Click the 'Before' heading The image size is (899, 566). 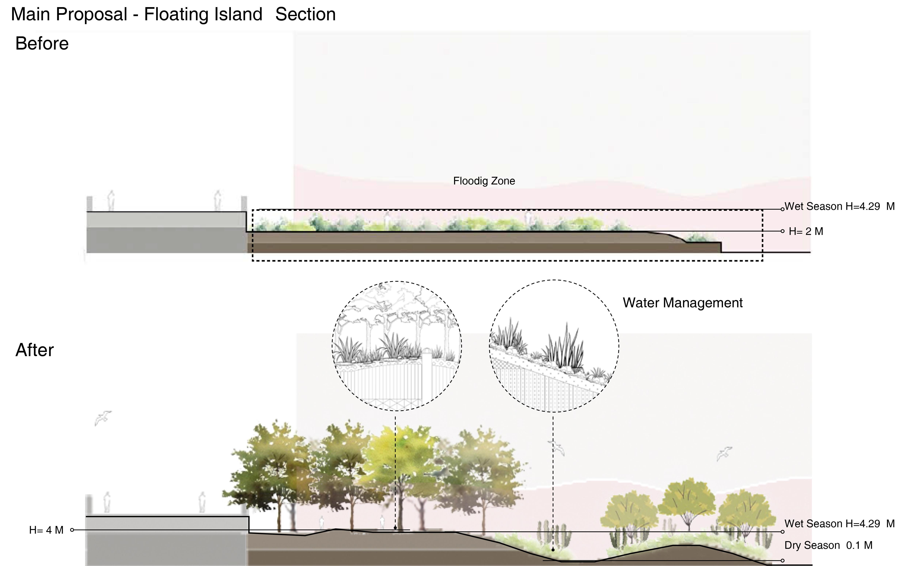coord(42,44)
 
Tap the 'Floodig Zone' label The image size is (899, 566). coord(484,181)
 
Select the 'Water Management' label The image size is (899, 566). coord(682,303)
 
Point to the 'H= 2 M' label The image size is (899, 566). coord(806,232)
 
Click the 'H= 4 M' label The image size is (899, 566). coord(46,530)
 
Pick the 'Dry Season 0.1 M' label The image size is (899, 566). coord(828,546)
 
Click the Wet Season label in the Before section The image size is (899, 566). coord(839,207)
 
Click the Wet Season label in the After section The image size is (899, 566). coord(839,524)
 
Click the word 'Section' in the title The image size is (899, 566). coord(305,15)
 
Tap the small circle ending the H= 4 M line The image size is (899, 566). coord(72,530)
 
